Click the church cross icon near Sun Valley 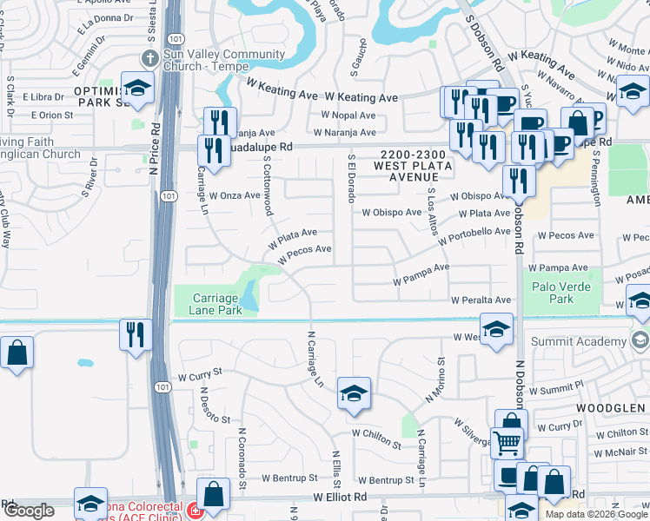pos(149,58)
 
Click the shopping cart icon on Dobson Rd pos(507,441)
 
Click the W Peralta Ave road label pos(481,300)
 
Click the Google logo pos(29,511)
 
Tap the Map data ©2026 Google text pos(595,514)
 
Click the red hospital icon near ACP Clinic pos(195,511)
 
